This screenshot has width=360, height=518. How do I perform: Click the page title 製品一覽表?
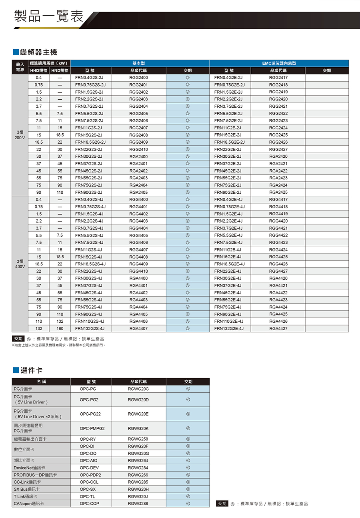[48, 16]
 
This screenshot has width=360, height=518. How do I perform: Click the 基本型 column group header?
[138, 63]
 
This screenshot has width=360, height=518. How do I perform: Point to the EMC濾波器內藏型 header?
[279, 63]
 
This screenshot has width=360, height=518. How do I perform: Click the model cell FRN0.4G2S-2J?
[89, 78]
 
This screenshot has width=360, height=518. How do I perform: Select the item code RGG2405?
[138, 114]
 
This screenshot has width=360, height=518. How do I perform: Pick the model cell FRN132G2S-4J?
[90, 329]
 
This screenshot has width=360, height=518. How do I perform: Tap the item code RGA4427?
[278, 329]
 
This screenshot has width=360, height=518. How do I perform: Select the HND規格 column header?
[60, 70]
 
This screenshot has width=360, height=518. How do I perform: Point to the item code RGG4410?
[138, 271]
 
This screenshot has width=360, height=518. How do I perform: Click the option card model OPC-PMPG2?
[92, 428]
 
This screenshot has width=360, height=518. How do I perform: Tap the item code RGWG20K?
[138, 428]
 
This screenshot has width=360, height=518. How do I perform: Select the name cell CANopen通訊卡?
[29, 504]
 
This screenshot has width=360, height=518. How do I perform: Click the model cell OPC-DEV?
[89, 468]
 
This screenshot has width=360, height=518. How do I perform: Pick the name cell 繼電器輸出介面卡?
[30, 439]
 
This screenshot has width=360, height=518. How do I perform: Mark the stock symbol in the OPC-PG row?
[188, 389]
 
